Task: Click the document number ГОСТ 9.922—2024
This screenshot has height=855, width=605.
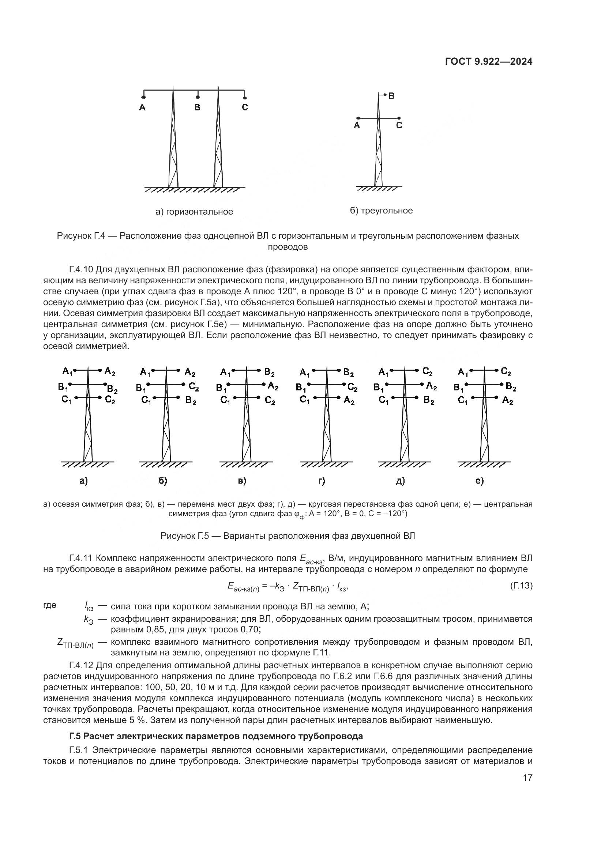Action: [x=488, y=62]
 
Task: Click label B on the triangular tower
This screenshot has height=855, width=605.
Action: [x=391, y=96]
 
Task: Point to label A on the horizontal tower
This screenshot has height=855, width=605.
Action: [x=142, y=107]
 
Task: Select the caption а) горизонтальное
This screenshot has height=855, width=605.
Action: [x=194, y=212]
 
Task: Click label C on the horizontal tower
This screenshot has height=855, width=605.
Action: [x=245, y=107]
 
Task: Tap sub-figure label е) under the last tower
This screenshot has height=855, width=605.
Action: [x=480, y=481]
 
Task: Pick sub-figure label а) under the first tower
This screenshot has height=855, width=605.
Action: [x=83, y=481]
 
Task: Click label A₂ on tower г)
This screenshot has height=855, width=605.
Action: [x=349, y=401]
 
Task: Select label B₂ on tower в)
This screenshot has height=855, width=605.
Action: [x=269, y=372]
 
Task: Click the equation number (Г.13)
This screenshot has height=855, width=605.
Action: [x=521, y=586]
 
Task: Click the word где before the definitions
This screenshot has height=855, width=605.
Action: [x=50, y=605]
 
